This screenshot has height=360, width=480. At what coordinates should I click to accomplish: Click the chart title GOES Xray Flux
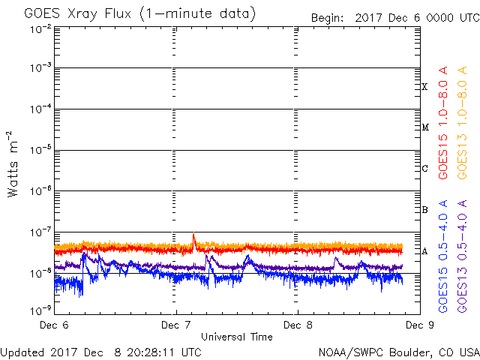tap(77, 14)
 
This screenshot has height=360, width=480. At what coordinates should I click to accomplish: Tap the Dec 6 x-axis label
tap(54, 325)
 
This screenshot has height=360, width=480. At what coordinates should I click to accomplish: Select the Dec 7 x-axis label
tap(176, 325)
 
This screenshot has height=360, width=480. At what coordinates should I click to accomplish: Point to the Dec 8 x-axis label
tap(298, 325)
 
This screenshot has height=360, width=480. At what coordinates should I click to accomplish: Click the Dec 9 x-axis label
tap(420, 325)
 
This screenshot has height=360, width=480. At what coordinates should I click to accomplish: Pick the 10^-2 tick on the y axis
tap(41, 30)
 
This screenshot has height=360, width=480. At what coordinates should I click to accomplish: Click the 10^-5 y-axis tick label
tap(41, 150)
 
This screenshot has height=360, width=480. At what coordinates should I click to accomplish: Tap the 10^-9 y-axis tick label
tap(41, 310)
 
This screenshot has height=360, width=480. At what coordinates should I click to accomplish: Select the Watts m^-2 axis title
tap(13, 164)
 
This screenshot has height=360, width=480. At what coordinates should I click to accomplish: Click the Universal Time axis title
tap(237, 337)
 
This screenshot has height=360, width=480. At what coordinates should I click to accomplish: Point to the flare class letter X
tap(424, 87)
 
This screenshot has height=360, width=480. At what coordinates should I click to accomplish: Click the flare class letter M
tap(425, 127)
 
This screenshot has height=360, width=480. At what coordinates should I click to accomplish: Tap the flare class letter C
tap(424, 168)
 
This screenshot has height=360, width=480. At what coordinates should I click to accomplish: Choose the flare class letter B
tap(424, 210)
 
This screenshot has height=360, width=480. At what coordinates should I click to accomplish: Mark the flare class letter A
tap(424, 251)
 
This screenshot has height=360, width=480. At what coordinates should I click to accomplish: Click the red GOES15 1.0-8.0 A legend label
tap(443, 123)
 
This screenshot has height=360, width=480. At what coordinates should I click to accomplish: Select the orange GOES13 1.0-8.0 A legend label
tap(462, 123)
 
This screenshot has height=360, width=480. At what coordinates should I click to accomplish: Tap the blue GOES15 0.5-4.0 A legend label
tap(443, 256)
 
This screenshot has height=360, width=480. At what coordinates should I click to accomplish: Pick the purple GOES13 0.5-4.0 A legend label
tap(462, 256)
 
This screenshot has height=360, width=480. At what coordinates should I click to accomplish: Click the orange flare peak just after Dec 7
tap(193, 233)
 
